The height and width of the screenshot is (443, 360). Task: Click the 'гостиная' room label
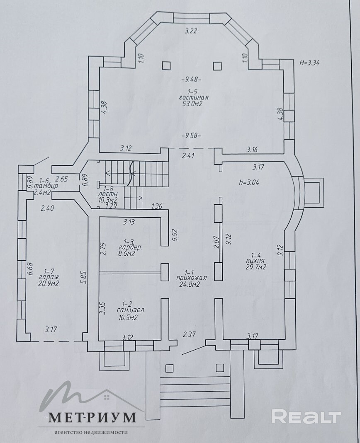pos(194,97)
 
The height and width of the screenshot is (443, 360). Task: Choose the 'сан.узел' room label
pos(130,310)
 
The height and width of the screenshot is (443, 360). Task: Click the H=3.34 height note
pos(309,63)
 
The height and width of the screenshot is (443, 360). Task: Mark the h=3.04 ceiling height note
pos(249,182)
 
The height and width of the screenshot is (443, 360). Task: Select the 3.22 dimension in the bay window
pos(191,31)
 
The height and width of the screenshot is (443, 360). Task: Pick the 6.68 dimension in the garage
pos(31,269)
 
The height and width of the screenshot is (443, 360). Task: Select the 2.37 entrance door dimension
pos(189,334)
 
